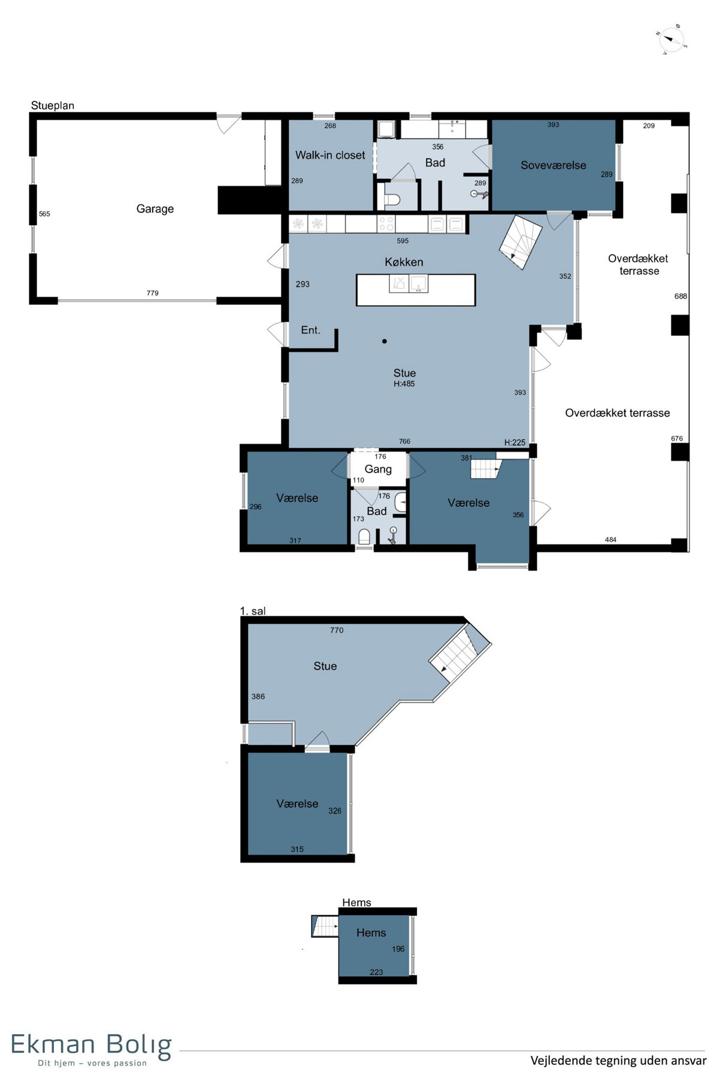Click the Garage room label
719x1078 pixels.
[155, 209]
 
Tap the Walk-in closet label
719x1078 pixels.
[330, 155]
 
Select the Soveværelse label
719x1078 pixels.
[554, 165]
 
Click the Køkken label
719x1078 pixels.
[404, 262]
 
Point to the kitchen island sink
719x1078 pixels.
[418, 283]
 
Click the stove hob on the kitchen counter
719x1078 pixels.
[386, 224]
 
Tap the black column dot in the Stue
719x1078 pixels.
[385, 341]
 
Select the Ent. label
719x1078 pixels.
[310, 330]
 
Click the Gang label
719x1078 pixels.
[378, 469]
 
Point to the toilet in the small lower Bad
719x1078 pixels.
[364, 536]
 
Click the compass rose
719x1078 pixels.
[672, 40]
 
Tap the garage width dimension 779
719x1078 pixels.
[153, 293]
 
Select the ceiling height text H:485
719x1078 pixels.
[404, 384]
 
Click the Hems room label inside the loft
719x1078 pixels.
[371, 932]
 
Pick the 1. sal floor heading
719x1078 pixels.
[253, 611]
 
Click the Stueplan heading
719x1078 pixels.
[53, 105]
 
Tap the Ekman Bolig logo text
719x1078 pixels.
[91, 1045]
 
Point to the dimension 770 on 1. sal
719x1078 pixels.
[337, 630]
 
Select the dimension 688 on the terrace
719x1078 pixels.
[681, 296]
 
